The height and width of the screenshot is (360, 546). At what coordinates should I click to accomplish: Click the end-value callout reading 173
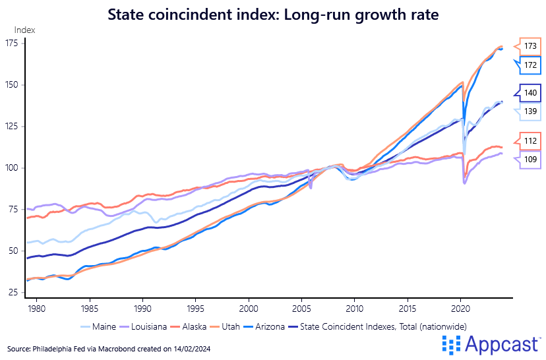pyautogui.click(x=531, y=46)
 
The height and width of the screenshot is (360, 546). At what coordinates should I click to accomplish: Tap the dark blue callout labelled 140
pyautogui.click(x=531, y=94)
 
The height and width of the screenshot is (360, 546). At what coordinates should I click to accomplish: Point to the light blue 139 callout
pyautogui.click(x=531, y=111)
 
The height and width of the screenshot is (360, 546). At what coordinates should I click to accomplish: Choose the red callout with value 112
pyautogui.click(x=531, y=141)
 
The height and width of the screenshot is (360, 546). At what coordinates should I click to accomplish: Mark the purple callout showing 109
pyautogui.click(x=531, y=159)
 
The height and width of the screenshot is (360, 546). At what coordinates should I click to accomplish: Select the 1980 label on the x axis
pyautogui.click(x=36, y=309)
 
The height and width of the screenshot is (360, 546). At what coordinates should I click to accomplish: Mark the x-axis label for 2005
pyautogui.click(x=301, y=309)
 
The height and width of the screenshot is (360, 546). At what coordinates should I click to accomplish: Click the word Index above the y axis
pyautogui.click(x=24, y=30)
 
